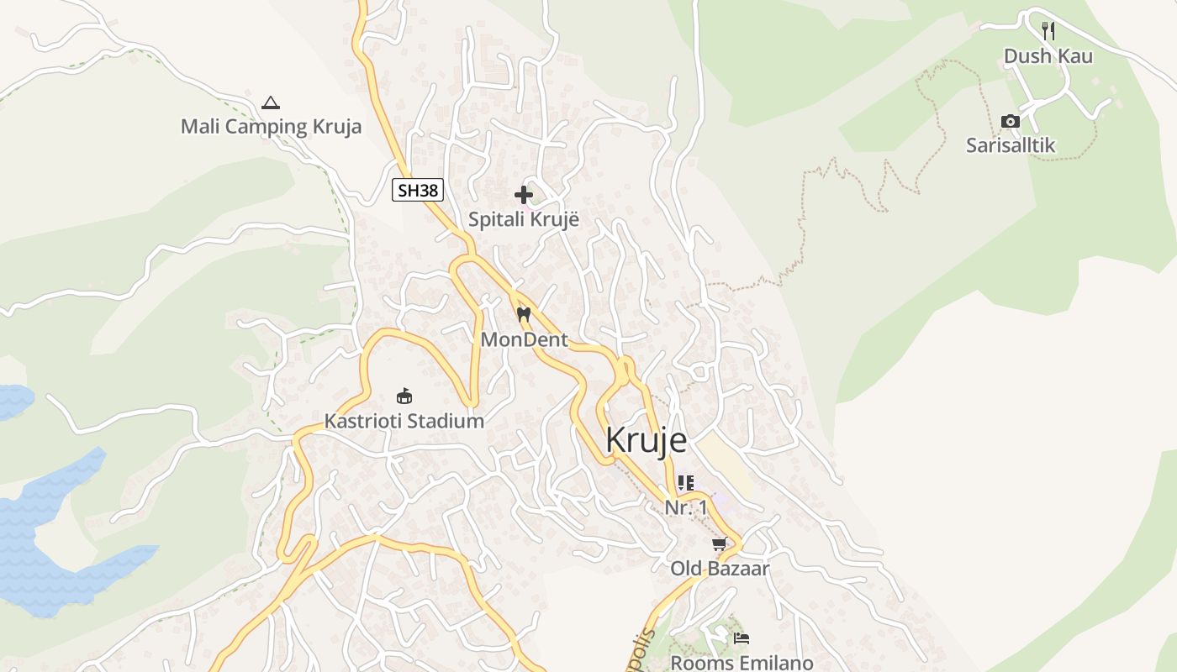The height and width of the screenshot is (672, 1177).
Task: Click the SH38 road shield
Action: [x=418, y=191]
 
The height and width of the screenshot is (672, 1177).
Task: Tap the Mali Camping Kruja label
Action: [x=271, y=127]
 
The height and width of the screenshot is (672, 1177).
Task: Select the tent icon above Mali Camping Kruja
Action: [x=270, y=103]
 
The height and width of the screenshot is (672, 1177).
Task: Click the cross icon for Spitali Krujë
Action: [x=524, y=195]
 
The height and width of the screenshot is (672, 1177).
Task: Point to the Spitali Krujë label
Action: [x=524, y=220]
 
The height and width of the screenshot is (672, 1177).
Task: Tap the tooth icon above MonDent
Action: [x=524, y=315]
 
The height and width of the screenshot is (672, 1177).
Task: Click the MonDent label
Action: [x=524, y=340]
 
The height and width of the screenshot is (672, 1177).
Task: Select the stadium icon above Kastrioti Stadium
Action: [x=404, y=396]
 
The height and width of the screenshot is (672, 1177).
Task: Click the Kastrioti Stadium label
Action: [x=404, y=421]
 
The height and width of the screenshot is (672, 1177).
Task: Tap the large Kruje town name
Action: [x=646, y=441]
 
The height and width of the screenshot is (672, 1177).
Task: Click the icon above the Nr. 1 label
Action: [x=686, y=483]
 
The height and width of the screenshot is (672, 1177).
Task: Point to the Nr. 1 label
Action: [x=686, y=508]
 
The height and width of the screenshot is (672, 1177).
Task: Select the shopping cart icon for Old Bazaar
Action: [x=720, y=544]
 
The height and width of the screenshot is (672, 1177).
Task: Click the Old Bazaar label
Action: [x=720, y=569]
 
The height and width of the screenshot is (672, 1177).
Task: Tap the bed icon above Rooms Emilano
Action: [x=741, y=638]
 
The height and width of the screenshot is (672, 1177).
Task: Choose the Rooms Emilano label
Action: [x=742, y=663]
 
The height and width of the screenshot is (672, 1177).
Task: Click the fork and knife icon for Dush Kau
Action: [x=1048, y=31]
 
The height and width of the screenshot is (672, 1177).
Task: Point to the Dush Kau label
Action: [x=1048, y=56]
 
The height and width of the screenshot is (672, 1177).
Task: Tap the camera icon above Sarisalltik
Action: [x=1011, y=122]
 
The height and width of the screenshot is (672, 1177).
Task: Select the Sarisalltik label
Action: [x=1011, y=145]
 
